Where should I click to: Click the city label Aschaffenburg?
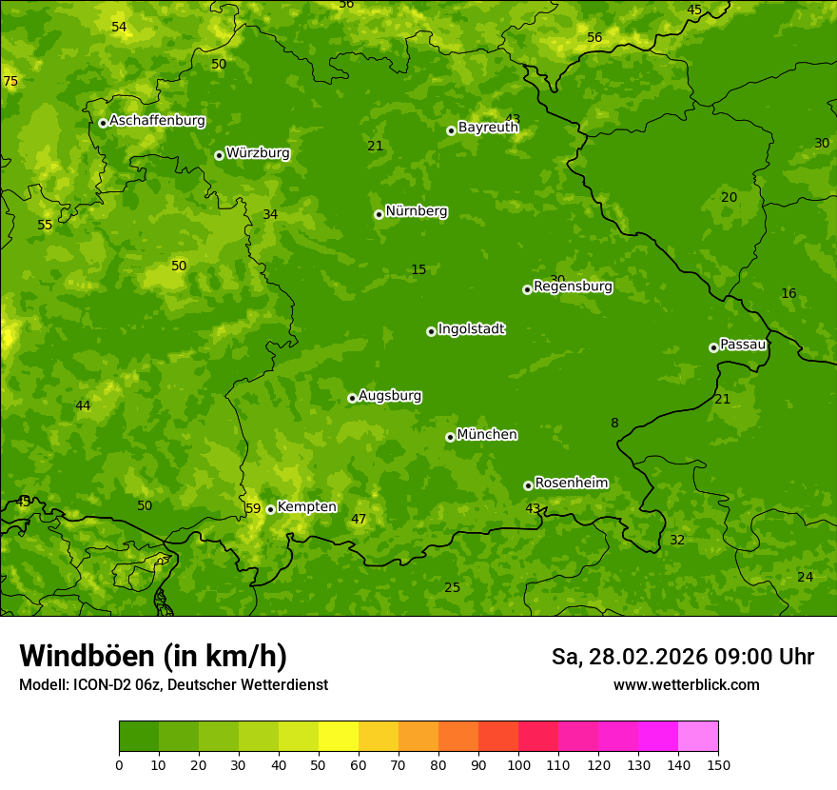tap(157, 121)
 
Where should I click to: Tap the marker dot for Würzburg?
tap(219, 155)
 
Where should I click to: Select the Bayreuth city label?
tap(488, 127)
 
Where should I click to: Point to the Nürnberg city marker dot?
tap(379, 214)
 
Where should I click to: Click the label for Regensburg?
tap(573, 286)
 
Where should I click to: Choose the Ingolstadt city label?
tap(471, 329)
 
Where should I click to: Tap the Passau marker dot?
tap(713, 347)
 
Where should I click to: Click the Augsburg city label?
tap(390, 396)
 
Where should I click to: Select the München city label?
tap(487, 435)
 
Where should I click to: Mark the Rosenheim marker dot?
tap(528, 485)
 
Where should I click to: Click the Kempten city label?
tap(306, 507)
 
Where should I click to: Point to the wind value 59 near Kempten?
tap(253, 509)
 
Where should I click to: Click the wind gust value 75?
tap(10, 82)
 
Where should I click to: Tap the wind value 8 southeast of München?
tap(614, 424)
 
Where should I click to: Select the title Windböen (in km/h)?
tap(153, 656)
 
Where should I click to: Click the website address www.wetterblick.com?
tap(686, 685)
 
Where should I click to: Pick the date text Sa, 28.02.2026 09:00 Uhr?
tap(682, 657)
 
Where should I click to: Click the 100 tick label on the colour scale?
tap(518, 764)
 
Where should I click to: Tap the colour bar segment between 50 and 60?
tap(339, 737)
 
